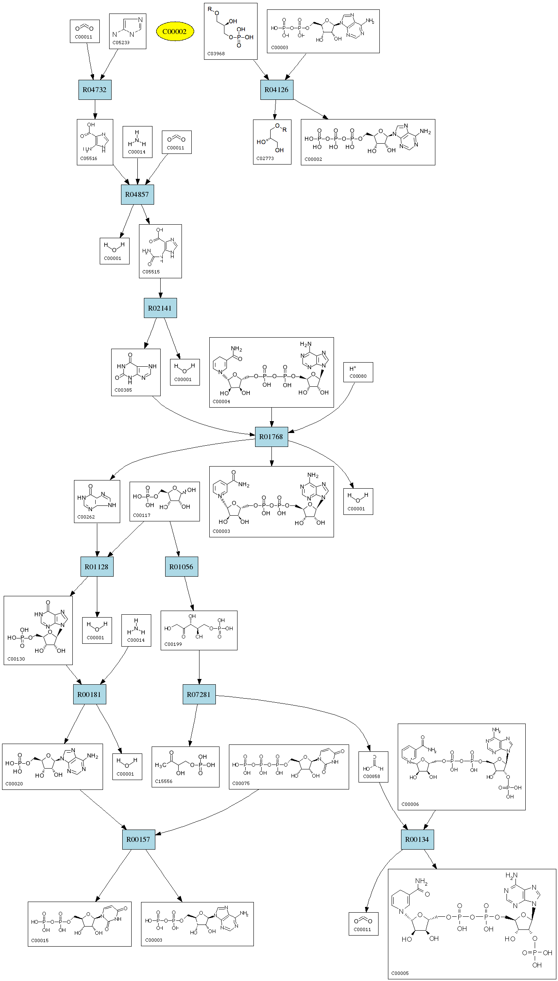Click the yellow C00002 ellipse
click(175, 32)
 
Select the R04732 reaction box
click(95, 90)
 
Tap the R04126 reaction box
click(277, 90)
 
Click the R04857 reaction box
click(137, 194)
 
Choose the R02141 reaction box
click(160, 308)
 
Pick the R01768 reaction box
click(271, 437)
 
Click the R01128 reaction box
click(97, 567)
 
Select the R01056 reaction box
click(182, 567)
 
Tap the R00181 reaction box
click(90, 695)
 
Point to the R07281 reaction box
click(199, 695)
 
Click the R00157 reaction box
click(139, 839)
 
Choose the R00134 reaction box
click(417, 839)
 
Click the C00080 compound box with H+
click(358, 372)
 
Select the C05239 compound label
click(121, 43)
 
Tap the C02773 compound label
click(265, 158)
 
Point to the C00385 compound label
click(123, 390)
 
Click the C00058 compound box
click(373, 767)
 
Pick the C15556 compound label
click(164, 781)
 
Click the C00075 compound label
click(241, 783)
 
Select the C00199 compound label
click(173, 644)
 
